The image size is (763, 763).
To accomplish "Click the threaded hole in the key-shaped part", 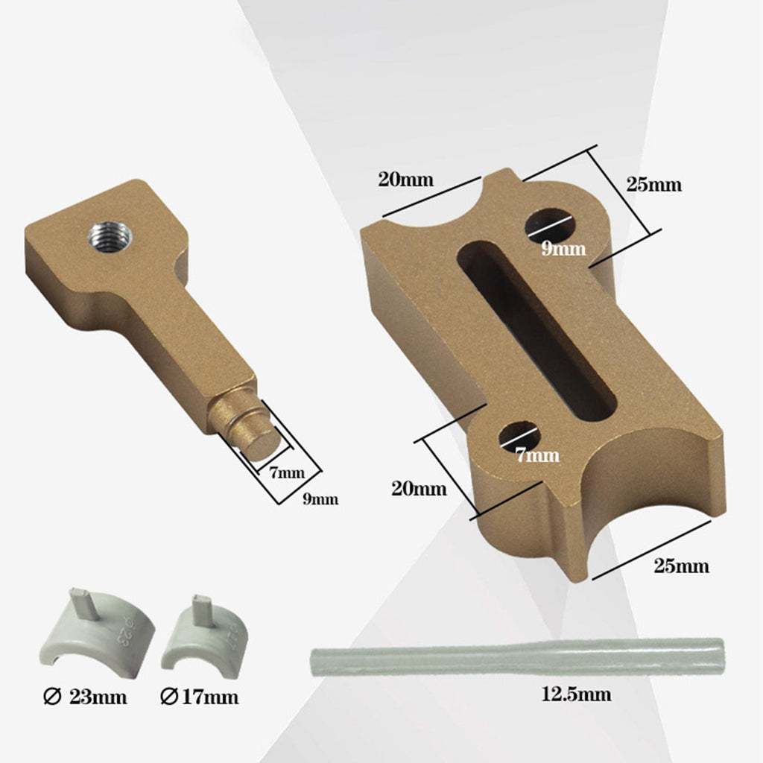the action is (x=110, y=236).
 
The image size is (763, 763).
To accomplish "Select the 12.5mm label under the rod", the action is (x=576, y=694).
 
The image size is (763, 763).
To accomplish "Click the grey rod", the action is (x=518, y=657).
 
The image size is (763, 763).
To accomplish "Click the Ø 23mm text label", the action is (x=85, y=697).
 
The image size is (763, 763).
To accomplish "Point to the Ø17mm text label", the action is (x=199, y=697).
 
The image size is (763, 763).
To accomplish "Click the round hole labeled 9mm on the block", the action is (x=550, y=226).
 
